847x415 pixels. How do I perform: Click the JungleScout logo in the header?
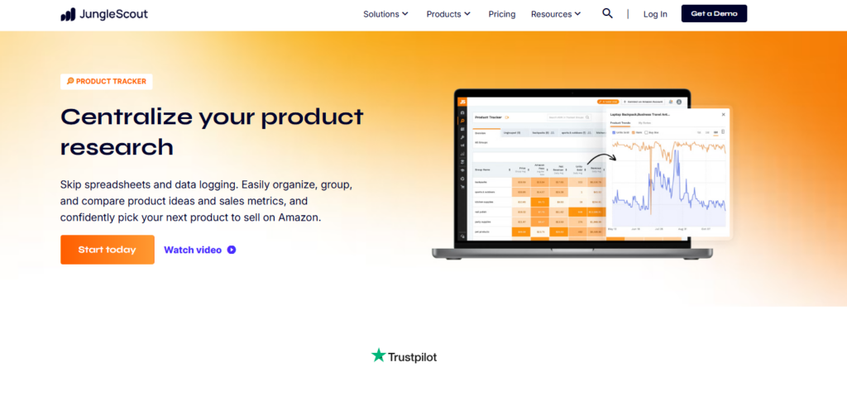point(103,14)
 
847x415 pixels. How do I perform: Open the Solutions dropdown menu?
point(385,14)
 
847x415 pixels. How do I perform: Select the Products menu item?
point(448,14)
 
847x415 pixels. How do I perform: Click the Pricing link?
point(502,14)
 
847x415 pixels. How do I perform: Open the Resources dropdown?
point(556,14)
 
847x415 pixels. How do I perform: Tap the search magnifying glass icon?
point(608,13)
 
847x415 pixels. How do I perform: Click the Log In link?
point(655,14)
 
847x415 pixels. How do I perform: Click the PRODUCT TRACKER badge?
point(107,81)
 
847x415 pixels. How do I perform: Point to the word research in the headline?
point(117,147)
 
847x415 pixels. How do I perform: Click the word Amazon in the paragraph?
point(299,217)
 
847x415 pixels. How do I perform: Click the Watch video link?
point(193,250)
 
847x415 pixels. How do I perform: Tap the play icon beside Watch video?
point(232,250)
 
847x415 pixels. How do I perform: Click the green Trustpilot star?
point(379,355)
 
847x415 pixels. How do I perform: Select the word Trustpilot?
point(413,357)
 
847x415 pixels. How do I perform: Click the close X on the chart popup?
point(723,114)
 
